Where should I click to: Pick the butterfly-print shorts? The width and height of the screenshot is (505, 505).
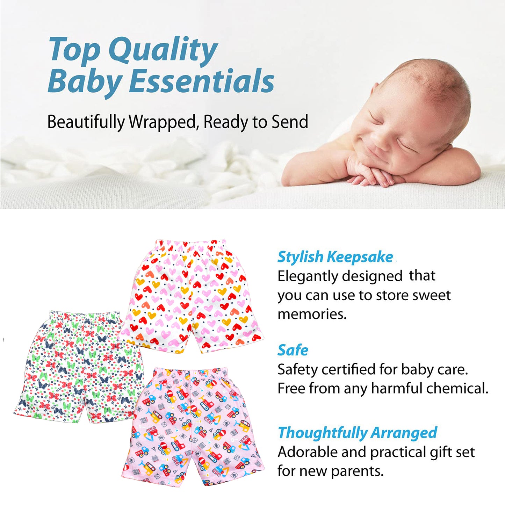(79, 367)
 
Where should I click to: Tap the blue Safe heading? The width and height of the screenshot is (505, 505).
(293, 350)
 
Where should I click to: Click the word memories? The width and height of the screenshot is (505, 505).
(312, 314)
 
